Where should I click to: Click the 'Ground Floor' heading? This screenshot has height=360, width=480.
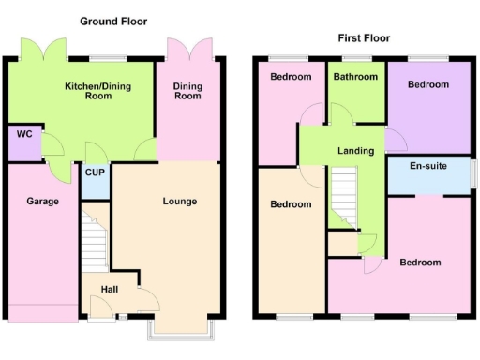point(113,21)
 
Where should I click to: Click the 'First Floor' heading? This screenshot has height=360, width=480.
point(364,38)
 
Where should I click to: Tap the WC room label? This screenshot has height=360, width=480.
point(24,135)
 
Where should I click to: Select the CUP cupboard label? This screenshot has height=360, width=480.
point(94,172)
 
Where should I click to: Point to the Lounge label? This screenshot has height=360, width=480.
point(179,201)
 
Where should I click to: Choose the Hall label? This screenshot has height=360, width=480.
point(110,290)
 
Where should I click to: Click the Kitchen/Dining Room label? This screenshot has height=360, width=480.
point(95,90)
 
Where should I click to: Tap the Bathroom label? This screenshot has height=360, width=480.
point(357,77)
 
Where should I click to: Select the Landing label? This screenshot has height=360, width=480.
point(355,151)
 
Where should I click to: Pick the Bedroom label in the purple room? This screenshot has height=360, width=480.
point(427,84)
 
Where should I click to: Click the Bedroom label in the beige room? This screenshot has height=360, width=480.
point(291,204)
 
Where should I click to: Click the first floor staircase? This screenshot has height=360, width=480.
point(344,197)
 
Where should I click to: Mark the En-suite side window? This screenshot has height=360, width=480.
point(473,174)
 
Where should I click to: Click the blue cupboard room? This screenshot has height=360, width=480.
point(94,181)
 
